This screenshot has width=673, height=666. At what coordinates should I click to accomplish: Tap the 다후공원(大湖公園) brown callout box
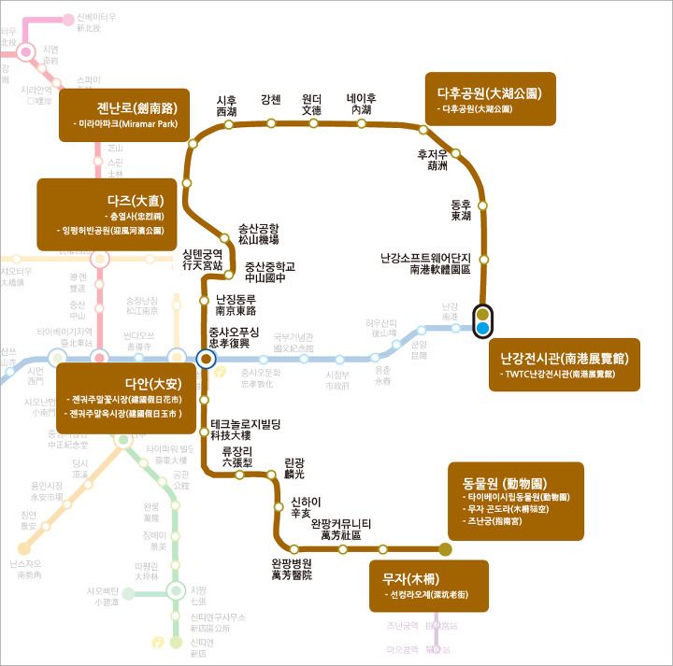pos(490,99)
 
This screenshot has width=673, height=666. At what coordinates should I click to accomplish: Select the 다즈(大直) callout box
pos(107,214)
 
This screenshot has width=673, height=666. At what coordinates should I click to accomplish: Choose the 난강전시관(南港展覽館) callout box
pos(564,364)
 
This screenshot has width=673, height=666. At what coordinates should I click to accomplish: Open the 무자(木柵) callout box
pos(428,586)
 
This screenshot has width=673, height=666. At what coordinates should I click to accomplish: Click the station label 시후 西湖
pos(226,106)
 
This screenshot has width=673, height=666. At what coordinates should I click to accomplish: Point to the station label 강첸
pos(271,100)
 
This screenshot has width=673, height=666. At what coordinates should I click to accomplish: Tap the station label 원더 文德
pos(311,105)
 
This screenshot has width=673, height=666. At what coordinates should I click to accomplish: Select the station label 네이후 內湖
pos(361,105)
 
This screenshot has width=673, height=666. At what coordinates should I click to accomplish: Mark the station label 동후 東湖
pos(461,209)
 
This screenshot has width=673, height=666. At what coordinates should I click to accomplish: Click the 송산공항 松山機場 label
pos(259,234)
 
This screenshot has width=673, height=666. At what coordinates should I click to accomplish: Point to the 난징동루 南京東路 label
pos(236,305)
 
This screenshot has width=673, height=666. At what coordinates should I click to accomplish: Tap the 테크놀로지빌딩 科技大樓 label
pos(246,429)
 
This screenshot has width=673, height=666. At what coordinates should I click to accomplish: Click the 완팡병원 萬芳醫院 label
pos(292,569)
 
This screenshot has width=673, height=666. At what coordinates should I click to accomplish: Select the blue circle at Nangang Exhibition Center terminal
pos(482,328)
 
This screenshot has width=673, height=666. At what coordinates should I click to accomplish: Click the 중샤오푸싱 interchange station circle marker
pos(206,357)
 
